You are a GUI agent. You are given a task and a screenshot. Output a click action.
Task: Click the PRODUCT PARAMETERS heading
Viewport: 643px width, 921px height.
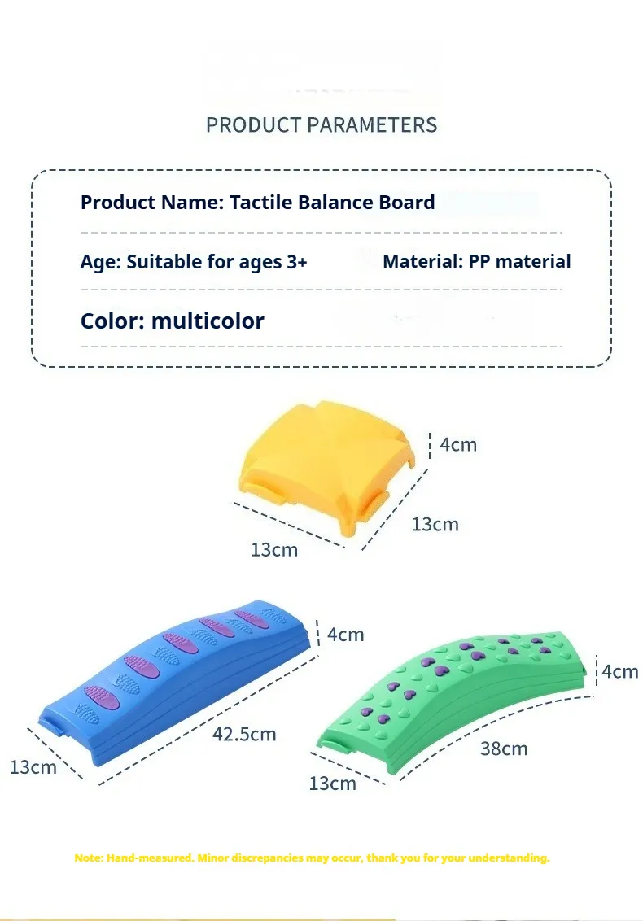[321, 124]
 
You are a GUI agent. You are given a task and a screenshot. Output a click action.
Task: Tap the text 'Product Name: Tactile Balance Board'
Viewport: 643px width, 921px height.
[257, 202]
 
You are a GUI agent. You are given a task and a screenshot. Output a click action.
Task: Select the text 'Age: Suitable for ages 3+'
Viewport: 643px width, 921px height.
[194, 261]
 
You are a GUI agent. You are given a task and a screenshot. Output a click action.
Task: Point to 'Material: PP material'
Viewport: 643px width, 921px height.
[477, 261]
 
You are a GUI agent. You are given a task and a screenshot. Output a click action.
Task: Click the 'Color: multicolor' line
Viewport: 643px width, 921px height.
[173, 321]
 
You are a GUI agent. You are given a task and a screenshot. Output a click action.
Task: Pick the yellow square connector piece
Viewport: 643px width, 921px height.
[328, 464]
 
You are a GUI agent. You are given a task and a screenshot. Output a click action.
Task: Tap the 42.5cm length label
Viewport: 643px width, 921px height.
[244, 734]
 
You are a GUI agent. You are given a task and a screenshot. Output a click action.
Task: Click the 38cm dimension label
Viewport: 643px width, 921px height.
[504, 749]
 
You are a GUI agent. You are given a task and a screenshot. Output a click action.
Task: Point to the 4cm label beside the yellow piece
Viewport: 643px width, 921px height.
[458, 445]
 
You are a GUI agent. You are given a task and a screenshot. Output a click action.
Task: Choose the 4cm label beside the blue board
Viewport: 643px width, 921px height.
[345, 635]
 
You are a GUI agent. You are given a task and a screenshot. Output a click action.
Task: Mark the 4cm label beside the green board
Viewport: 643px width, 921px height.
[620, 671]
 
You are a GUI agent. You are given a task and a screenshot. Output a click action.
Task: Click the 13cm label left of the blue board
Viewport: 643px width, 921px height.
[33, 766]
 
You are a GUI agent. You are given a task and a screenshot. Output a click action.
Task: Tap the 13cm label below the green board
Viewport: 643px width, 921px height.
[332, 783]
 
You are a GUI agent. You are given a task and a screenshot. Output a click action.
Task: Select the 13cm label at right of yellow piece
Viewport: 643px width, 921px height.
[435, 524]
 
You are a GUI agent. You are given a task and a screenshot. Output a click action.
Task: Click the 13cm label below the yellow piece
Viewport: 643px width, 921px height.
[274, 550]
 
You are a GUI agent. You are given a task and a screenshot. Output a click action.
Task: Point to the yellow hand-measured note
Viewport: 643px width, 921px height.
[312, 858]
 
